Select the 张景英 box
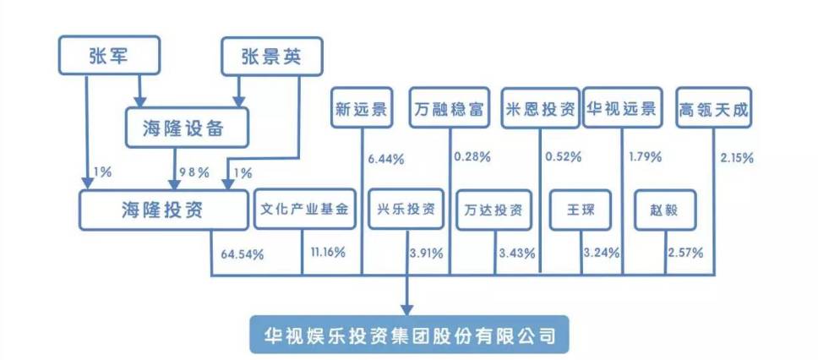pos(260,55)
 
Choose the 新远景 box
pos(361,108)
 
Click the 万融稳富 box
pos(450,108)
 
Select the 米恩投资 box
pos(540,108)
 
